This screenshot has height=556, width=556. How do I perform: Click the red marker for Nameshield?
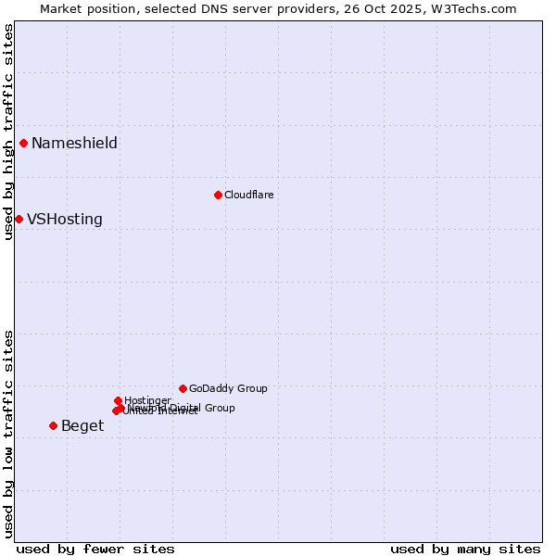tap(23, 143)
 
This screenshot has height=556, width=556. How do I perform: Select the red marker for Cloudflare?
tap(218, 195)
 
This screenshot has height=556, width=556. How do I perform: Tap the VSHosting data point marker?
tap(19, 219)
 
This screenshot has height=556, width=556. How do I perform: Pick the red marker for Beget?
tap(53, 425)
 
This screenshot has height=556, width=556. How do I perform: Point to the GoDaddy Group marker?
tap(183, 388)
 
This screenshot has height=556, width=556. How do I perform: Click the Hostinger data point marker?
tap(118, 400)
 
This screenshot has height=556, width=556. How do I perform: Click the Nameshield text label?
tap(74, 143)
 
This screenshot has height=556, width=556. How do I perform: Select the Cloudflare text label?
tap(248, 195)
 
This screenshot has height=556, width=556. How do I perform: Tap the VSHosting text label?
tap(65, 220)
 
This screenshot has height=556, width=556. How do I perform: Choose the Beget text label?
tap(82, 426)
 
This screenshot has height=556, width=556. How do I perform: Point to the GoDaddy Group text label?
tap(228, 388)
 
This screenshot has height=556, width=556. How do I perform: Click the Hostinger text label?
tap(147, 400)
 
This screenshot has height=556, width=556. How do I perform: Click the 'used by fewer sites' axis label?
tap(95, 549)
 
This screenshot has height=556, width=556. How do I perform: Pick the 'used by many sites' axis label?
tap(465, 549)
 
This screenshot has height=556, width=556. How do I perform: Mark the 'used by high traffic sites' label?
tap(8, 132)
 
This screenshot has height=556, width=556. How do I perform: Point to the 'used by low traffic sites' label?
tap(8, 433)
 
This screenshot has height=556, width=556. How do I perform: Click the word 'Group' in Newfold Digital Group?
tap(220, 408)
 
